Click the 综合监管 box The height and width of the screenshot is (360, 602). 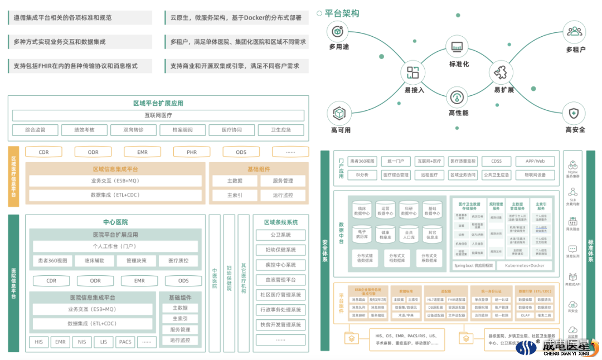click(35, 130)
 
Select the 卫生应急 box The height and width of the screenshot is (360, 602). click(281, 130)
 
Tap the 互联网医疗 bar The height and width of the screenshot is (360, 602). click(158, 115)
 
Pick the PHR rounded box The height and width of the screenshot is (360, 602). click(192, 152)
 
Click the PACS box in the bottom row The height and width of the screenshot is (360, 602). click(125, 342)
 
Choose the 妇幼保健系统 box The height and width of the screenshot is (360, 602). click(280, 250)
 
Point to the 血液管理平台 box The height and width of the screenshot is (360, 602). click(280, 280)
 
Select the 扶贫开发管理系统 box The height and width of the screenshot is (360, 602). click(280, 324)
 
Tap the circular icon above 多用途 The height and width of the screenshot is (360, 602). click(338, 31)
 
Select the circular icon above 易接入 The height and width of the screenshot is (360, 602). click(413, 72)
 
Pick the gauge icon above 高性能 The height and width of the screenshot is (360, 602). click(458, 98)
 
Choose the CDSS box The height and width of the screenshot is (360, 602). click(496, 161)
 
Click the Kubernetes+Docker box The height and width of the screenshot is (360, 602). click(525, 265)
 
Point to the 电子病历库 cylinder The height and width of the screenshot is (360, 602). click(362, 233)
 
